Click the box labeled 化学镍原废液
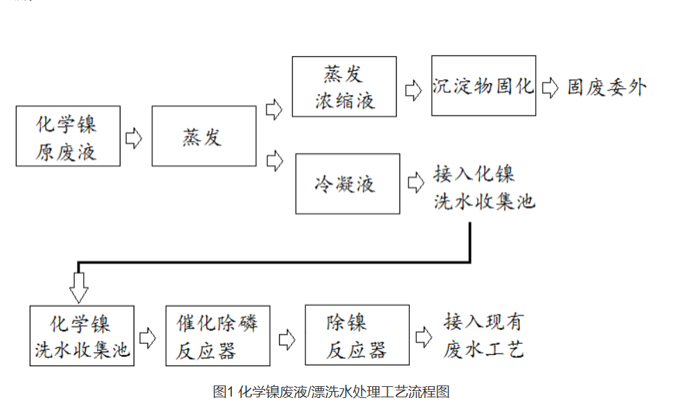click(68, 136)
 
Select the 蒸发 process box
click(203, 136)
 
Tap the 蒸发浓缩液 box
click(344, 87)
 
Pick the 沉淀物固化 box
click(483, 86)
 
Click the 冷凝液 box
click(347, 184)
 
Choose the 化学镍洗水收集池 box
click(82, 336)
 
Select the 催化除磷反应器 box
click(217, 336)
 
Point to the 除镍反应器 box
click(357, 336)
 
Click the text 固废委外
click(607, 87)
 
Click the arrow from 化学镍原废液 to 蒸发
click(134, 137)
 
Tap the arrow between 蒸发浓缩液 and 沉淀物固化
click(413, 89)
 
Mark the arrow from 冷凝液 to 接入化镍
click(416, 183)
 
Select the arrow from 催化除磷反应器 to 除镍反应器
click(287, 339)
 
